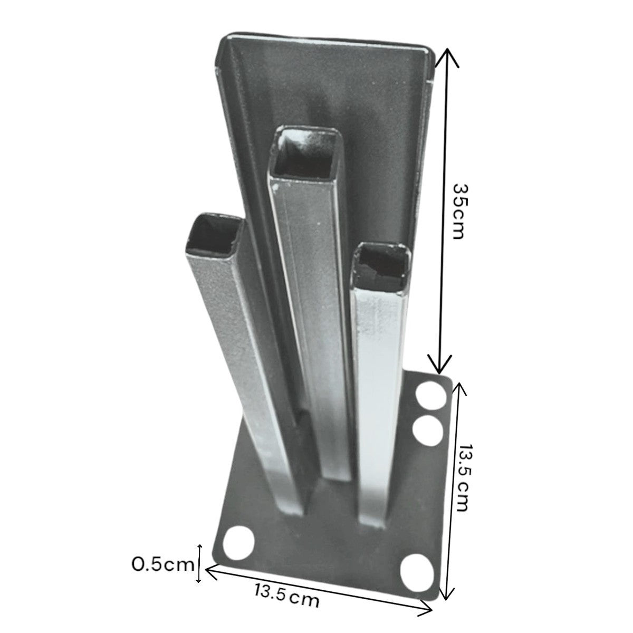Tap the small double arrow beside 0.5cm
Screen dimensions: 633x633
[199, 564]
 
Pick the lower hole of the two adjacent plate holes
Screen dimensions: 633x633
[428, 429]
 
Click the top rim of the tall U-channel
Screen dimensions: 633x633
[327, 42]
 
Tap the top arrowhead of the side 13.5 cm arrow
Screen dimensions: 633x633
[458, 387]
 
